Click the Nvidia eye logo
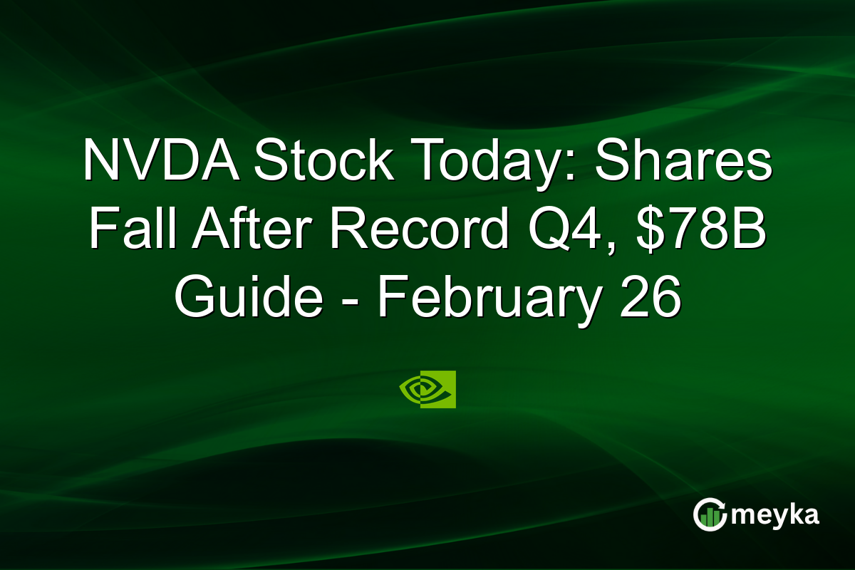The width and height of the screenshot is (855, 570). click(x=427, y=389)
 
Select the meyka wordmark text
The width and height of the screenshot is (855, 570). click(x=779, y=514)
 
